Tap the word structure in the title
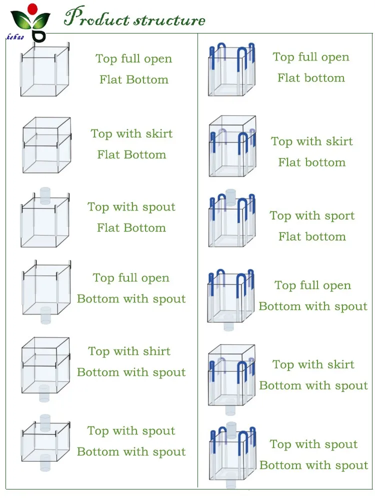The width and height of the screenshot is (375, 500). [x=169, y=20]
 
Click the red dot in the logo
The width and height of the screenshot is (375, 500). [x=32, y=8]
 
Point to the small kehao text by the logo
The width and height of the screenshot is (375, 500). [x=15, y=37]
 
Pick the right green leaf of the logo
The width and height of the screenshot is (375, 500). [x=41, y=19]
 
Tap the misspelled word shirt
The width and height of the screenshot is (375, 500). [x=156, y=351]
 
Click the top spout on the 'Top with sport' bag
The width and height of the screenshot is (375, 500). [x=230, y=197]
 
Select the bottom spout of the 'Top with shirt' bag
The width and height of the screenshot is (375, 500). [x=44, y=393]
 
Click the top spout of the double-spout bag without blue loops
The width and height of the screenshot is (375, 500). [x=45, y=423]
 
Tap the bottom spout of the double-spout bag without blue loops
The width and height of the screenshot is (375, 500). [x=45, y=463]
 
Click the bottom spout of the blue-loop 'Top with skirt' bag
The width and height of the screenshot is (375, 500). [x=230, y=409]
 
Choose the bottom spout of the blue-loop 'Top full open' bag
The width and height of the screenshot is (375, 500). [x=228, y=325]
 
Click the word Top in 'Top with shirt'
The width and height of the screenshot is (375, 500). [x=99, y=351]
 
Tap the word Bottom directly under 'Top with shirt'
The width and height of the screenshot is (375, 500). [x=98, y=372]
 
